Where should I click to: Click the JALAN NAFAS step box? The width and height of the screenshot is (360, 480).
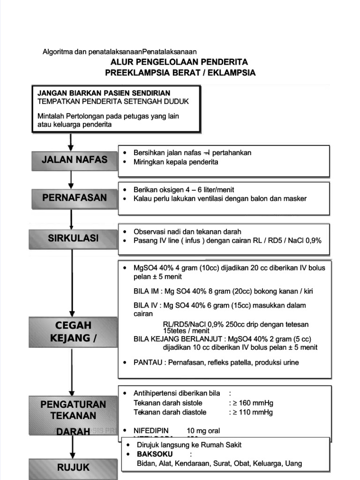pos(74,160)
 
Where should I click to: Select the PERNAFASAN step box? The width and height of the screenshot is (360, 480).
pos(74,198)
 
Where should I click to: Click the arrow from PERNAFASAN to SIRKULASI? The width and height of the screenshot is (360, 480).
pos(72,219)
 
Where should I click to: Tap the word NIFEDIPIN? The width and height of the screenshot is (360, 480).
pos(151,431)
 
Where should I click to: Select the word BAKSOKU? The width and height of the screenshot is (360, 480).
pos(155,454)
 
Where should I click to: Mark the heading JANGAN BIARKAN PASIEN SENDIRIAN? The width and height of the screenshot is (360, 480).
pos(104,93)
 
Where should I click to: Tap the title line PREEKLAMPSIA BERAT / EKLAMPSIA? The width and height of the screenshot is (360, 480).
pos(180,73)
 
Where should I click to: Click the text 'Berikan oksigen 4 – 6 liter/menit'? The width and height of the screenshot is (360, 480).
pos(184,189)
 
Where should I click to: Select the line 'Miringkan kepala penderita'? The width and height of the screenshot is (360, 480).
pos(176,162)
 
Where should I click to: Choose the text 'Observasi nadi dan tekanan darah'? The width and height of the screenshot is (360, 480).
pos(187,232)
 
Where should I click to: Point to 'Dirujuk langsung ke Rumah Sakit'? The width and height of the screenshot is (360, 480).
pos(189,445)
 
